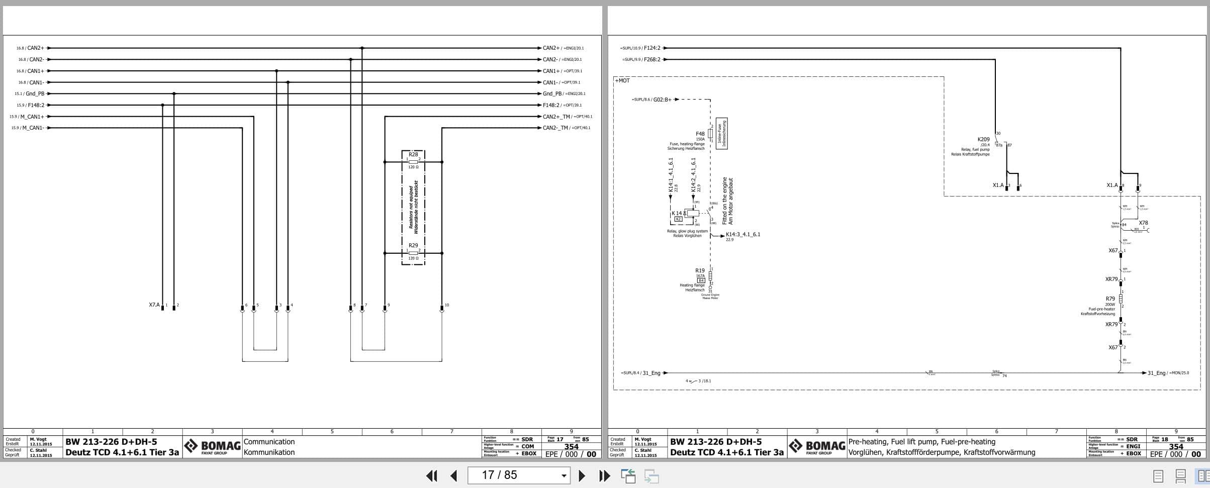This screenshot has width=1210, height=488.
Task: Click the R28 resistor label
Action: (413, 154)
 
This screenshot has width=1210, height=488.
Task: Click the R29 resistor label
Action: (413, 245)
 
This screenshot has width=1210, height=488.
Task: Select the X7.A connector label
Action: (154, 305)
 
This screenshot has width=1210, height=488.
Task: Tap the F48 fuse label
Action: (700, 134)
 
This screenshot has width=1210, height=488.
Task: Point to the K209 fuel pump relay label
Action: (983, 139)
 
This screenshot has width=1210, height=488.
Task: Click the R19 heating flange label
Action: (700, 270)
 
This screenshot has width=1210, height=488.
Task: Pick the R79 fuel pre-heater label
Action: (1110, 299)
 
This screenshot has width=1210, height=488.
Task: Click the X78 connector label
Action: (1143, 223)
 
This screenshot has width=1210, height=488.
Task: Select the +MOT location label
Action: (622, 80)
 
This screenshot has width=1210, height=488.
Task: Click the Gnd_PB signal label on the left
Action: (35, 93)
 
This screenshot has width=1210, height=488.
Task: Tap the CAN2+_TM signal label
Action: (556, 117)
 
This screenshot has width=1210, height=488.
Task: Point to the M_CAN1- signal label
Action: (33, 128)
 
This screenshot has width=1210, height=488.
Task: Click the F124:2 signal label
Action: (652, 48)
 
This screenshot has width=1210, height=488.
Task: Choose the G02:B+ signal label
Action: (662, 100)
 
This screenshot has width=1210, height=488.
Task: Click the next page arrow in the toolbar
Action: (582, 475)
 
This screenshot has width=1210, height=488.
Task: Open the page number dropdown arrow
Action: (564, 475)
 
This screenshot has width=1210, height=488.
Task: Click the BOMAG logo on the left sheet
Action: (212, 446)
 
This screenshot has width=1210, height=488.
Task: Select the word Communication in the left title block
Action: (269, 442)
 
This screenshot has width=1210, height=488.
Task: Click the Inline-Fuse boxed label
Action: (721, 134)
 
